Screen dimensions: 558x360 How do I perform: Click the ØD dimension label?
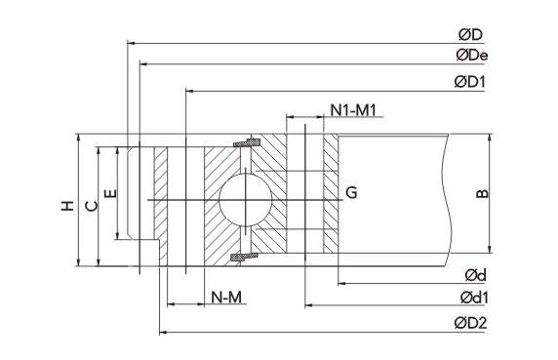pyautogui.click(x=470, y=34)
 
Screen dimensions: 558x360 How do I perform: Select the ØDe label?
pyautogui.click(x=472, y=56)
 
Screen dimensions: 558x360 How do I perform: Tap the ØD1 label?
pyautogui.click(x=470, y=82)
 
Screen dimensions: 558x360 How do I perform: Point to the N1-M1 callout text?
pyautogui.click(x=353, y=110)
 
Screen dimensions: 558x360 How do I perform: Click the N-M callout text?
pyautogui.click(x=226, y=297)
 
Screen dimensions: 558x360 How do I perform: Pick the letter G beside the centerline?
pyautogui.click(x=351, y=192)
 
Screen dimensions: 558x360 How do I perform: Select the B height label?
pyautogui.click(x=483, y=193)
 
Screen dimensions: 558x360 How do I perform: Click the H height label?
pyautogui.click(x=67, y=206)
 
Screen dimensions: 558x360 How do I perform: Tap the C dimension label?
pyautogui.click(x=92, y=206)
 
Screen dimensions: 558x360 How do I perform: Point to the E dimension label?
pyautogui.click(x=110, y=193)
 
